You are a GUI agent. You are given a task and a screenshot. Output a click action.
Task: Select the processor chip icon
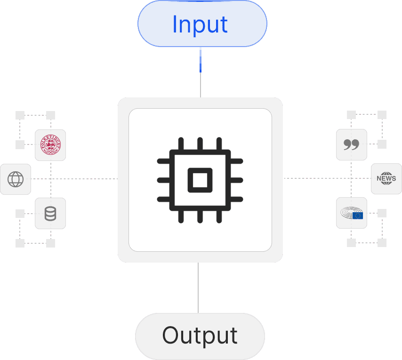(200, 180)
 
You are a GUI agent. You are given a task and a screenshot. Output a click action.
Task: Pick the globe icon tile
(16, 179)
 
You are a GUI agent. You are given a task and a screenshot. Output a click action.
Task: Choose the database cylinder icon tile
(50, 214)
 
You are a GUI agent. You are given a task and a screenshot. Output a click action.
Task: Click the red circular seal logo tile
(50, 145)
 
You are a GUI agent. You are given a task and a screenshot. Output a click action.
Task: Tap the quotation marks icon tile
(352, 144)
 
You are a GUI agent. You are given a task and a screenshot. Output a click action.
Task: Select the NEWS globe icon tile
(386, 179)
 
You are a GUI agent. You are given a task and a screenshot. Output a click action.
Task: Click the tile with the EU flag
(352, 213)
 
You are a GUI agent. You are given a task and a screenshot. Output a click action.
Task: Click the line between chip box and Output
(198, 287)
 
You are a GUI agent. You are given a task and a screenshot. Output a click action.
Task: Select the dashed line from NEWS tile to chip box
(325, 178)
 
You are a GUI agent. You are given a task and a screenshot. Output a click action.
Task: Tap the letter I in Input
(175, 24)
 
